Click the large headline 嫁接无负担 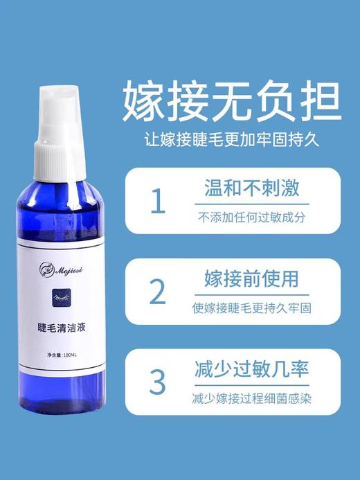pyautogui.click(x=231, y=102)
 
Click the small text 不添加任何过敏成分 pyautogui.click(x=250, y=216)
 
